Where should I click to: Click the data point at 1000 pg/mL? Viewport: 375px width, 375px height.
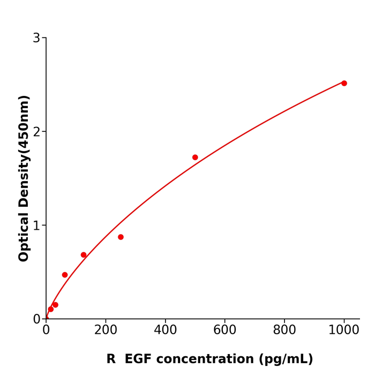click(x=344, y=83)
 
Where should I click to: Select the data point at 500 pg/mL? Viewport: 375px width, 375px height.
click(x=195, y=157)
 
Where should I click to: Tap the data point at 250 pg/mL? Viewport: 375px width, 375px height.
click(x=121, y=237)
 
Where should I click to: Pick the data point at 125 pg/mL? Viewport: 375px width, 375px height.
click(x=84, y=255)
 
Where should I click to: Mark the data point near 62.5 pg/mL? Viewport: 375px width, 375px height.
click(x=65, y=275)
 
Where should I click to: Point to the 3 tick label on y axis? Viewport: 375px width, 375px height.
click(x=36, y=38)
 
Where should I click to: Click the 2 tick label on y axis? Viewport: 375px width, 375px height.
click(x=36, y=132)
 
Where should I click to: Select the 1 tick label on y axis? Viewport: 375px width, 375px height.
click(x=36, y=226)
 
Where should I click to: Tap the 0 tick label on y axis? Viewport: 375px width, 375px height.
click(x=36, y=319)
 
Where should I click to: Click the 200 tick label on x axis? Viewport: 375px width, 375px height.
click(x=106, y=331)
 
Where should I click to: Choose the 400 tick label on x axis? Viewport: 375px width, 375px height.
click(x=165, y=331)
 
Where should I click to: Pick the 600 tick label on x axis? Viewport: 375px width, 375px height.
click(x=224, y=331)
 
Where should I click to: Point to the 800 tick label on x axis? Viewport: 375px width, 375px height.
click(x=284, y=331)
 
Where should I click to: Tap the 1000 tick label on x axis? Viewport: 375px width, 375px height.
click(x=344, y=331)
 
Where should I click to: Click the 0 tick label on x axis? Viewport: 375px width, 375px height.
click(x=46, y=331)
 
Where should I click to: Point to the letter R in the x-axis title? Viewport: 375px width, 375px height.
click(x=111, y=359)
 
